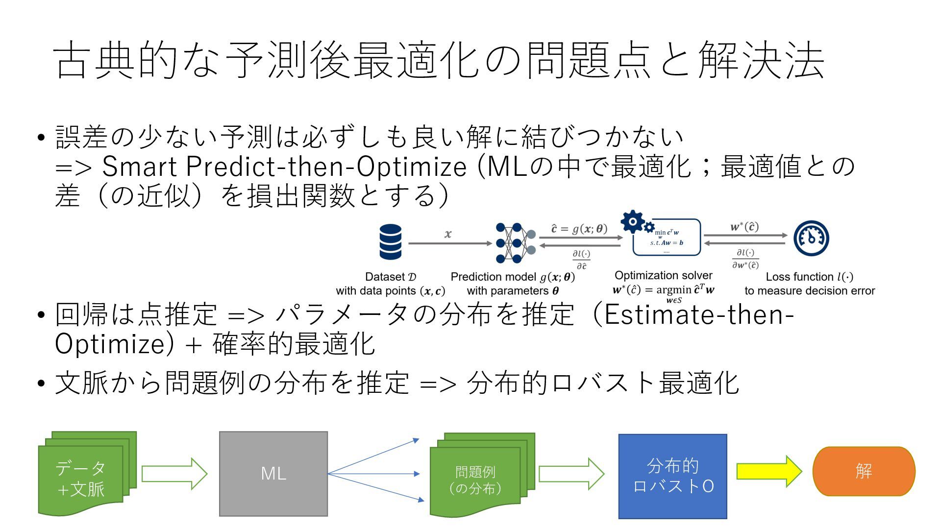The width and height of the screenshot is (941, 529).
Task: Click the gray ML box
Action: (x=273, y=474)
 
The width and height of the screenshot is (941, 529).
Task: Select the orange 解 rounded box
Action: (x=864, y=471)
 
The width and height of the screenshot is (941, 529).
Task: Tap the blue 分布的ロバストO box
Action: (x=672, y=476)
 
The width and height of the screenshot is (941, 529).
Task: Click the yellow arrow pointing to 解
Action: (x=768, y=471)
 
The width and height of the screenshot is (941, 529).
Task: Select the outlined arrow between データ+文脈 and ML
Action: (x=174, y=474)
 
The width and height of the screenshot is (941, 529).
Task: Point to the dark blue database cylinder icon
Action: (x=390, y=241)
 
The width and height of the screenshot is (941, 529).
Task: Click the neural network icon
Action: (x=515, y=242)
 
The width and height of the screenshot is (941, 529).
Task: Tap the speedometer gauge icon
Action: (x=811, y=239)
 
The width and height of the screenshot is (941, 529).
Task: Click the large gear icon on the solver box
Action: (x=633, y=222)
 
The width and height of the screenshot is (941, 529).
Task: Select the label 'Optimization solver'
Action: (x=663, y=275)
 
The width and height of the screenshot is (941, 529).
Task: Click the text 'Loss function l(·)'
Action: (x=809, y=277)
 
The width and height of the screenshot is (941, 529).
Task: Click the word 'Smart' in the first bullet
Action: (x=139, y=167)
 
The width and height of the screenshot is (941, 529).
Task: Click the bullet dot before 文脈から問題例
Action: (x=42, y=383)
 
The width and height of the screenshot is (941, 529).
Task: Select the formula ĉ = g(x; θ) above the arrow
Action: (x=579, y=229)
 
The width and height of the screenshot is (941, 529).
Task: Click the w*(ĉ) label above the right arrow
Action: (x=744, y=227)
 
